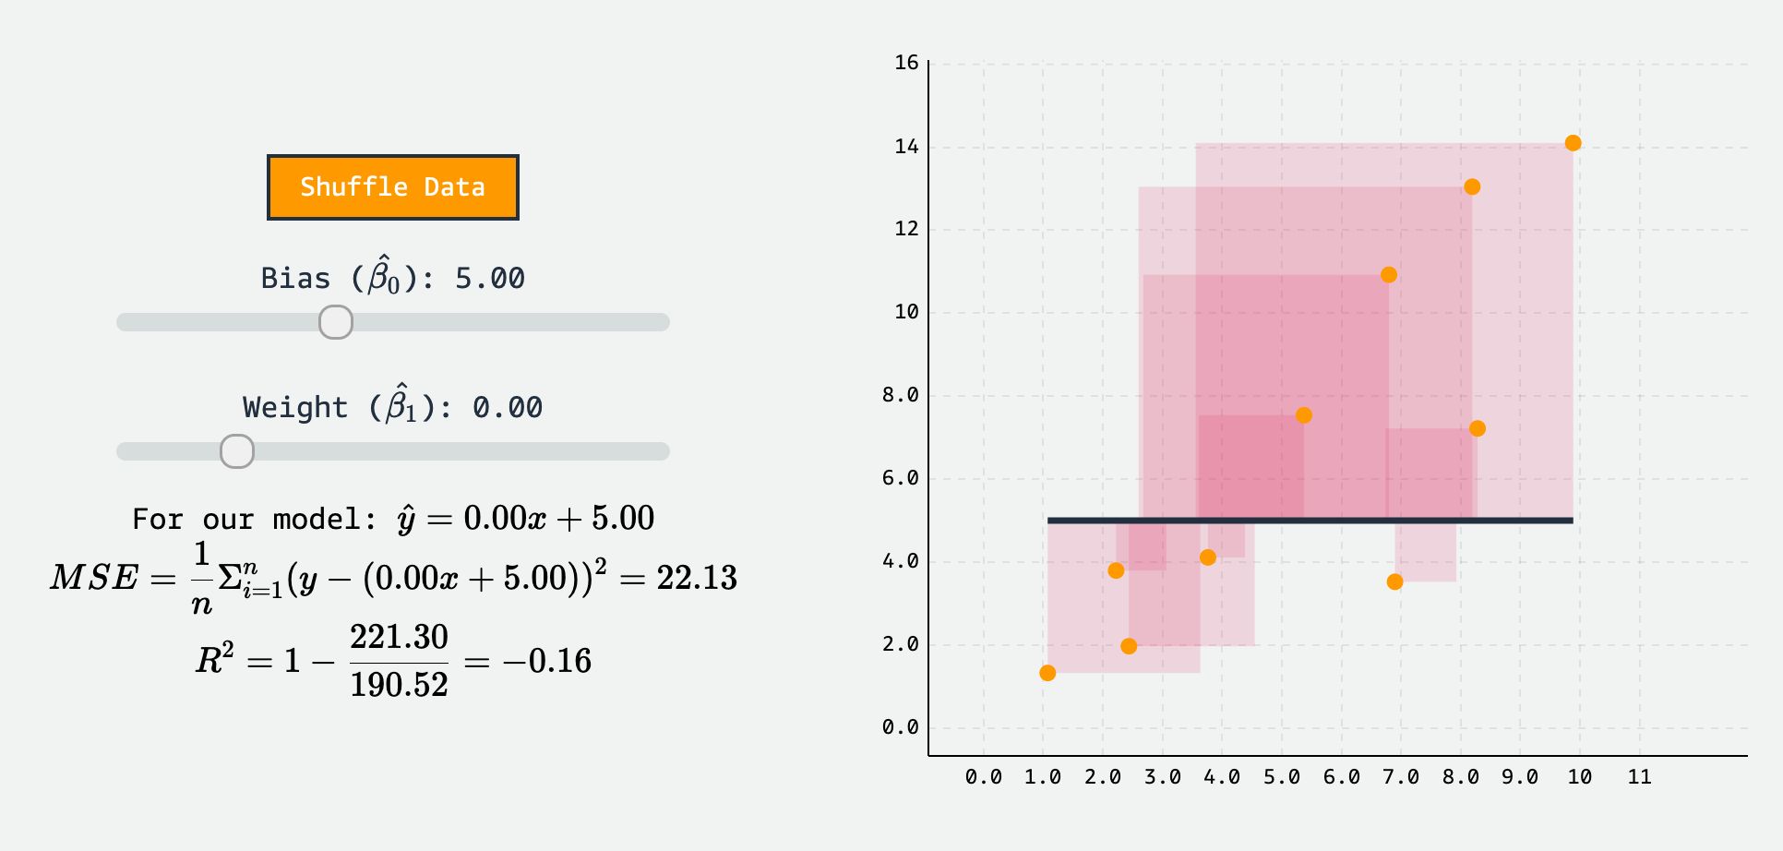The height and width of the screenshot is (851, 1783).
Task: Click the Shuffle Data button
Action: pos(392,187)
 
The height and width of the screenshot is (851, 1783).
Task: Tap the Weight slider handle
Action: pos(237,451)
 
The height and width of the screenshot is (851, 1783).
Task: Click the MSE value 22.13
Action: pos(697,578)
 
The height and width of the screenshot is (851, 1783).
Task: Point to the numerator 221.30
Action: pos(399,637)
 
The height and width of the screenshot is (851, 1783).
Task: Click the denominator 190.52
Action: pos(399,685)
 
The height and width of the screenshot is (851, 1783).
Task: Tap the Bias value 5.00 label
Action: pos(489,278)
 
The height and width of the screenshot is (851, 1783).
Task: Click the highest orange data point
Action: pos(1573,143)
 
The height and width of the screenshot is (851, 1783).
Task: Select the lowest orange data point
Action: pos(1047,673)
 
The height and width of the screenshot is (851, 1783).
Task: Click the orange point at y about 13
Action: pos(1472,187)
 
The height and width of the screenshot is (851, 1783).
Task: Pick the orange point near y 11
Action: pos(1388,275)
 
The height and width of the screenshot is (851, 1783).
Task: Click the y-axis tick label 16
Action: pos(906,63)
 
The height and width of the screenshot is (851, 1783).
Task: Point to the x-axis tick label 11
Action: pos(1639,777)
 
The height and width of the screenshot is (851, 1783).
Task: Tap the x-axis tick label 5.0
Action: pos(1281,777)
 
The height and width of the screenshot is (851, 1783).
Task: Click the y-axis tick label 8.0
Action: pos(900,395)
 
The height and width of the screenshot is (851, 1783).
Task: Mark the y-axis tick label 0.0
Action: pos(900,727)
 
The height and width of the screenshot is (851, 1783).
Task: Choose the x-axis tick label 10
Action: pos(1579,777)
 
